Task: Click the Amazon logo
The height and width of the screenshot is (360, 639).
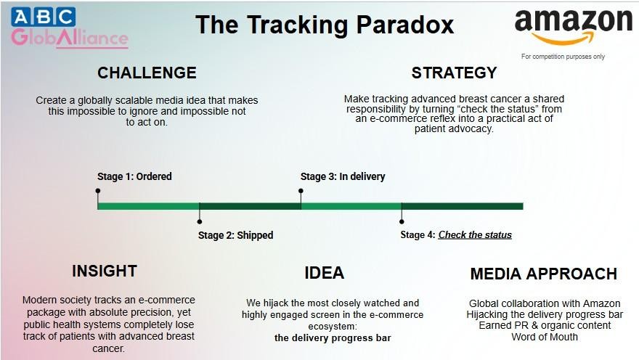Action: pos(574,27)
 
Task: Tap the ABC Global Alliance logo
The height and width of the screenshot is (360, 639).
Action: pos(70,28)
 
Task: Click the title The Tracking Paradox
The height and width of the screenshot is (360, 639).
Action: pos(325,25)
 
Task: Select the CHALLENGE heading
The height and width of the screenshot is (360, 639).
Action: pos(147,73)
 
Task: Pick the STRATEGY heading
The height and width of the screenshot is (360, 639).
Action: pos(454,73)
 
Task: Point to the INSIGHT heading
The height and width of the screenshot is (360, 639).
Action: pos(105,271)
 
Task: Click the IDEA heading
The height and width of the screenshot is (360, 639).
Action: pos(325,273)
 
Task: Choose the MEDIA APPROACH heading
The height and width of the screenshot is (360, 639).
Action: pos(544,274)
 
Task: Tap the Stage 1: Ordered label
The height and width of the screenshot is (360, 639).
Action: pos(134,176)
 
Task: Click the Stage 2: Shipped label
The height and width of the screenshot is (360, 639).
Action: pos(235,235)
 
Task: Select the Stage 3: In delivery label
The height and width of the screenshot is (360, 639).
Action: pos(343,176)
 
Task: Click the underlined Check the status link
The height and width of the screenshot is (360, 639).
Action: pos(475,234)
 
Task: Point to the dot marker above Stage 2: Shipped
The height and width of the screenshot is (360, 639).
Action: pos(199,221)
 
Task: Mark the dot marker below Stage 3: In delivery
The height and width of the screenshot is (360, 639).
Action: pos(301,191)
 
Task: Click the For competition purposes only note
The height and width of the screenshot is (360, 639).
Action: pos(563,56)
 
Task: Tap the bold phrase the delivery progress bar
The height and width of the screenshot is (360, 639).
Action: pos(333,338)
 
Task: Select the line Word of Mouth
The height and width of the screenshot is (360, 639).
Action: pos(545,337)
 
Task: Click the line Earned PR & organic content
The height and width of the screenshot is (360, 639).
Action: pos(545,325)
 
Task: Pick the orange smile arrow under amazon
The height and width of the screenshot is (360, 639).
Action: pos(563,38)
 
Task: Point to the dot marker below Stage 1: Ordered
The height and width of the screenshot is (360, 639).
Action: pos(98,191)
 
